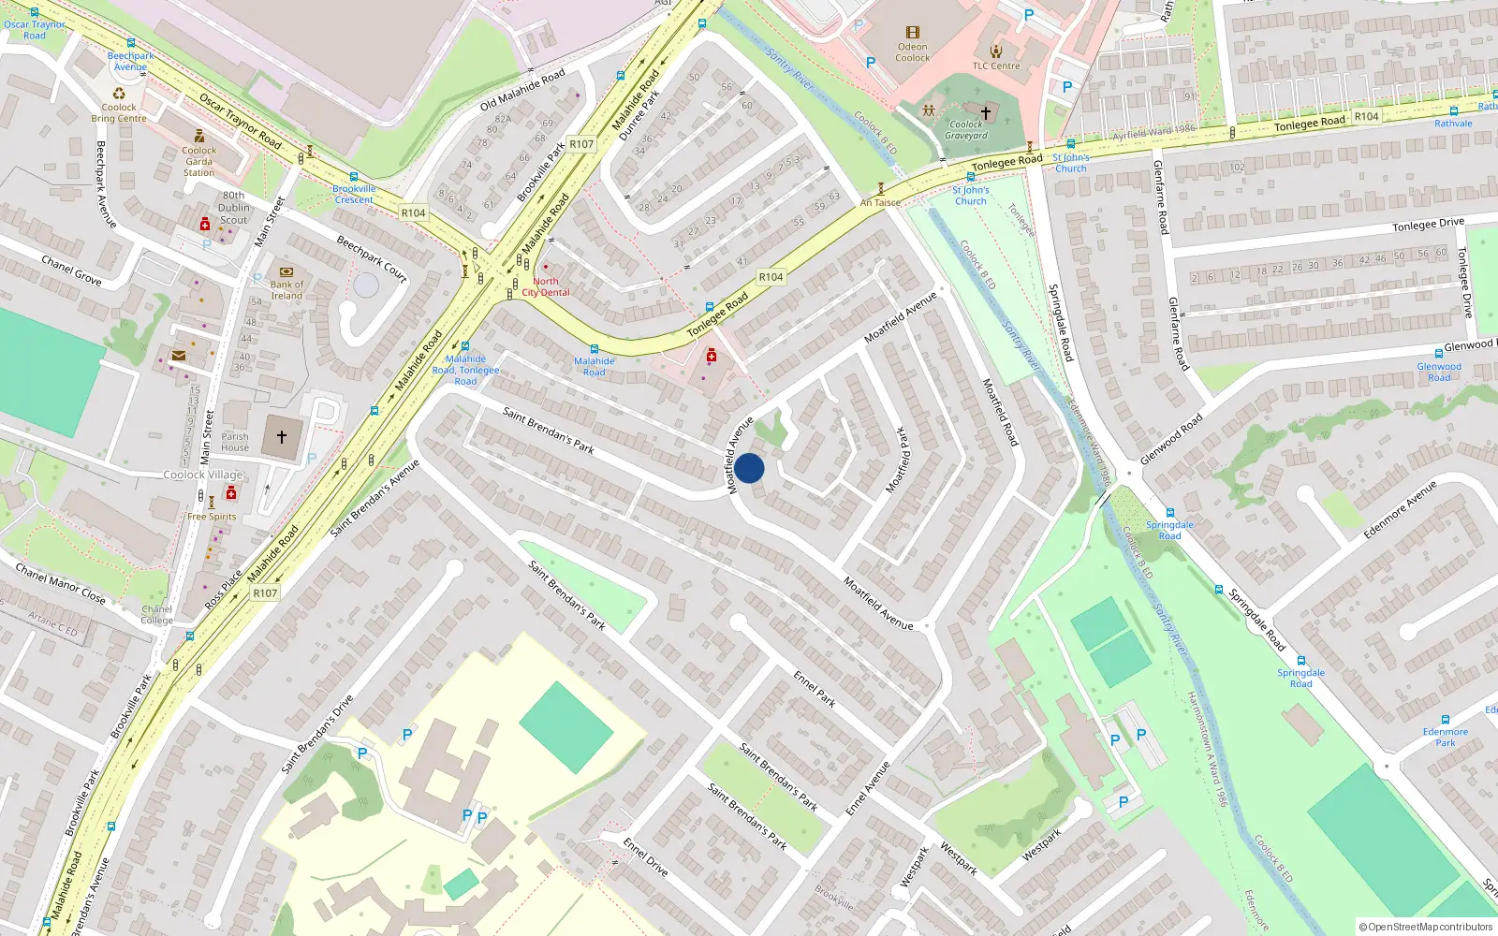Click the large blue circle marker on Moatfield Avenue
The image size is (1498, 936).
749,468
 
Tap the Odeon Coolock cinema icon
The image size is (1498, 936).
912,33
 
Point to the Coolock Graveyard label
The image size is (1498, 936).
965,130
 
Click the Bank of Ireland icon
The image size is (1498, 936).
286,272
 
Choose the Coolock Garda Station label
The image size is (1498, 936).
198,161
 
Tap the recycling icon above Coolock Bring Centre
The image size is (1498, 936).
119,93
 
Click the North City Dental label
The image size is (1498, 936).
546,286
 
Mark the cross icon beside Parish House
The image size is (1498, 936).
281,436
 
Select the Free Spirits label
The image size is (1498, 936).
212,517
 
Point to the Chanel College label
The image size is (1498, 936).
156,614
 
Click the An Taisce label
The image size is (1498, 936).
880,202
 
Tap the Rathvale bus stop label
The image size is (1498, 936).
1453,124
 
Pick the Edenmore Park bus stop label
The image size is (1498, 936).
1445,738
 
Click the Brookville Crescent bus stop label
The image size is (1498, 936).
354,194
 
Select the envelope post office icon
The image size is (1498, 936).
178,356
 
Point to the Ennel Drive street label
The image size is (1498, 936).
646,856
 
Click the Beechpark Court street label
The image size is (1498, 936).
372,259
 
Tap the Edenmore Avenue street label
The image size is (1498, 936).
1399,510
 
